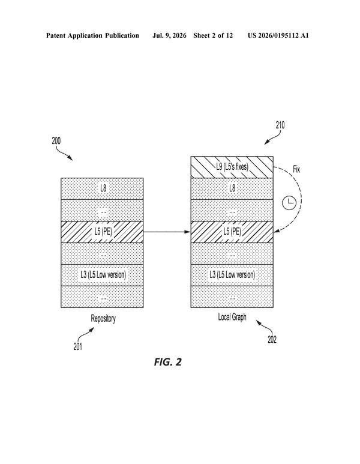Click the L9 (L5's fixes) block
[232, 167]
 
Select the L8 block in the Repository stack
[103, 189]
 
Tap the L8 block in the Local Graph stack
[232, 189]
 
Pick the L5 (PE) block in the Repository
[103, 232]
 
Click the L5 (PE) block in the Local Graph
[232, 232]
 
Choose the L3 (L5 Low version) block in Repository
[103, 275]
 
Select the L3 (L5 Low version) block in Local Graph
[232, 275]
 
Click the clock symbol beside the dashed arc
[289, 203]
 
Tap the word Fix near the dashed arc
[296, 169]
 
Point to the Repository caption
[103, 318]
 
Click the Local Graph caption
[232, 317]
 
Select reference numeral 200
[56, 140]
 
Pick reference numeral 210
[280, 125]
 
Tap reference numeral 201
[78, 346]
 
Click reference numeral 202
[272, 340]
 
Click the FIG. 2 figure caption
[168, 362]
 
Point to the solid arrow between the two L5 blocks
[167, 232]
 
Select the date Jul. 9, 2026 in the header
[169, 36]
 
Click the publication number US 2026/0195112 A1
[278, 36]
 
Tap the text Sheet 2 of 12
[213, 36]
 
